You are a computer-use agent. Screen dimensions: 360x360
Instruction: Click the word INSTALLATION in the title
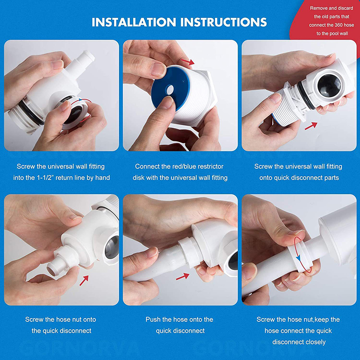point(134,22)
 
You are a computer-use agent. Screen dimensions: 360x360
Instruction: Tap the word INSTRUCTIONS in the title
point(223,22)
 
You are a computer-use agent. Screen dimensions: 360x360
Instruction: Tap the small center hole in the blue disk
point(170,90)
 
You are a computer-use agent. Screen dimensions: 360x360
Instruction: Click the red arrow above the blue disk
point(188,62)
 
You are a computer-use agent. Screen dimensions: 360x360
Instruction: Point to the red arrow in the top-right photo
point(311,126)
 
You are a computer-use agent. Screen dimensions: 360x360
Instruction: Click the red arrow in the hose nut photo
point(84,280)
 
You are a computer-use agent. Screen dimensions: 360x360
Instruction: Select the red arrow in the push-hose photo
point(183,276)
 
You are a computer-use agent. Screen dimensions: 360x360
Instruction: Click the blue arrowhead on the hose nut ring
point(298,258)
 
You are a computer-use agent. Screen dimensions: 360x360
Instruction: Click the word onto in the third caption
point(266,178)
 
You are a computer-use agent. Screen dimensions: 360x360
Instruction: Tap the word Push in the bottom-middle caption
point(153,319)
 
